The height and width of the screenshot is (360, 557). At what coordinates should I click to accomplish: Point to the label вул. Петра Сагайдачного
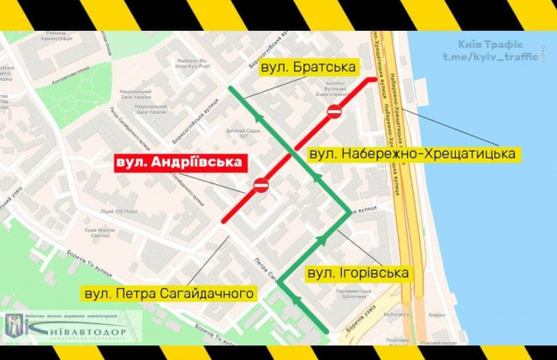pos(168,294)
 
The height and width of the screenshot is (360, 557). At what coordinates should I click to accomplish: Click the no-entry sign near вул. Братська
pos(335,110)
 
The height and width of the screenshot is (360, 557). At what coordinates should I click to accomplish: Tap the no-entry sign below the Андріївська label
pos(261,184)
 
